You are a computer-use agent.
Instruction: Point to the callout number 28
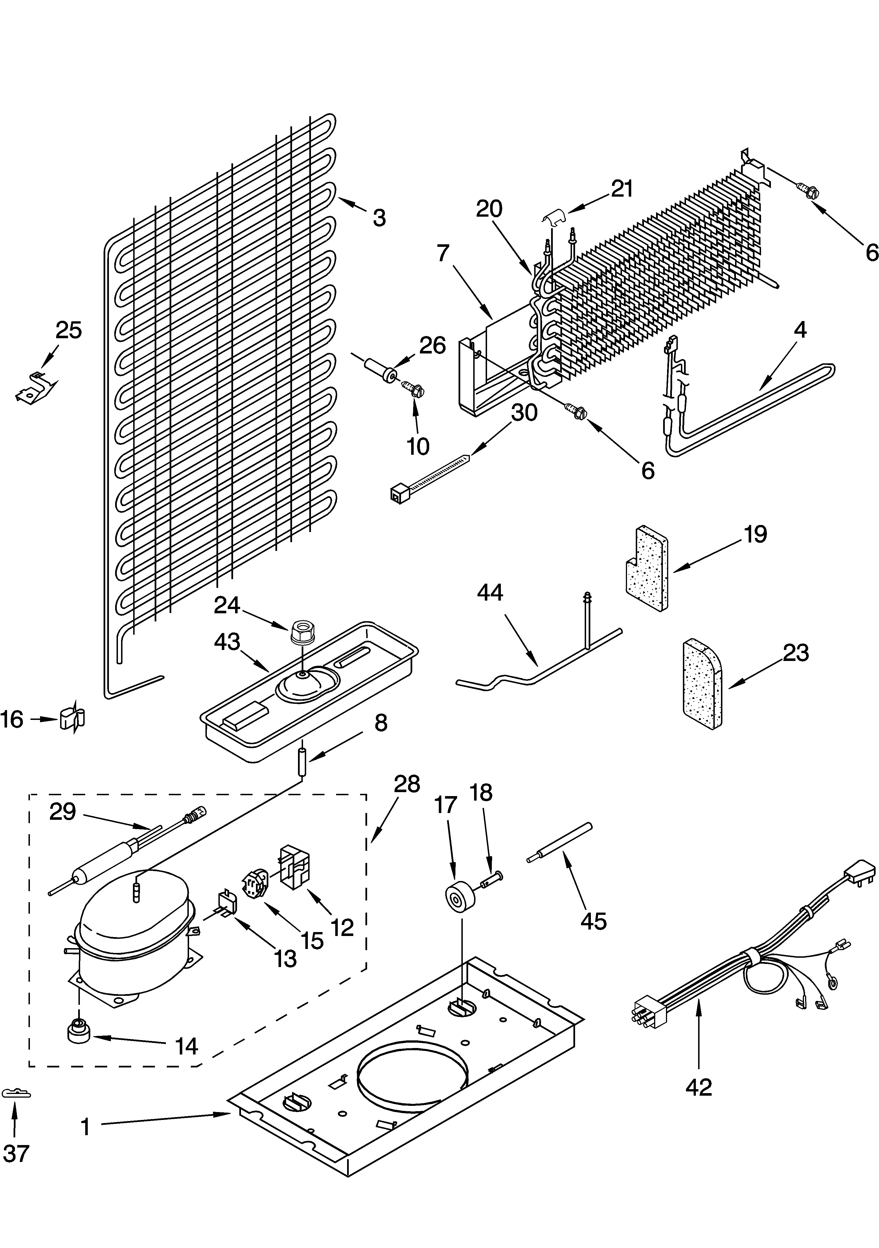click(407, 784)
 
